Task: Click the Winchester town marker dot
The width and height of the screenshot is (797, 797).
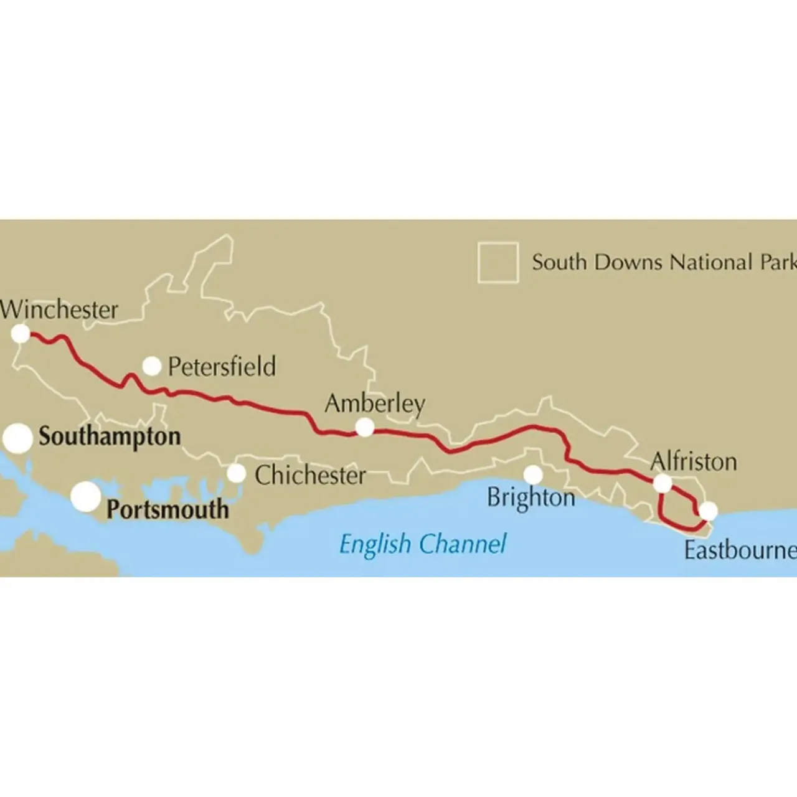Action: pos(21,334)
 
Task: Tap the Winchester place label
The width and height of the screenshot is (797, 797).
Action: pos(59,309)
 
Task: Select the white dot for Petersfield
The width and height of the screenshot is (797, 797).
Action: pos(152,366)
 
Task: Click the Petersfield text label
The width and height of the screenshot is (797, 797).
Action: pos(222,366)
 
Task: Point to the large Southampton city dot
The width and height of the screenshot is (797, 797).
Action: pos(18,438)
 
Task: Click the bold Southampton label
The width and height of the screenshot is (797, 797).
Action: pos(110,436)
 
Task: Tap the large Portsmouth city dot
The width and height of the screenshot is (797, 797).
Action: pos(86,496)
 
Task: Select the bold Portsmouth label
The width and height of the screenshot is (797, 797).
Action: pos(167,509)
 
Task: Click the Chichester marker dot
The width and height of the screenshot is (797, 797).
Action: pos(237,474)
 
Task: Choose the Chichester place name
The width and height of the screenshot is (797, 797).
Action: pos(310,476)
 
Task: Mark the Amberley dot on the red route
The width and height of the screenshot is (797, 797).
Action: pos(365,428)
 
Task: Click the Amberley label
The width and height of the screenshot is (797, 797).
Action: pos(375,403)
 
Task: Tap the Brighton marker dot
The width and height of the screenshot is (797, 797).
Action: pos(533,475)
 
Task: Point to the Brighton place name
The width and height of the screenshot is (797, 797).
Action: pos(531,498)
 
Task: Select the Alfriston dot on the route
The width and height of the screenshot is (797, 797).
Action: pos(663,483)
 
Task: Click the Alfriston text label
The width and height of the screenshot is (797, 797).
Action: pos(693,461)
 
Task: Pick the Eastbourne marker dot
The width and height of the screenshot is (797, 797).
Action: pos(708,511)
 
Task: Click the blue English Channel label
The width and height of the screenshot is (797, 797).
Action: pos(423,544)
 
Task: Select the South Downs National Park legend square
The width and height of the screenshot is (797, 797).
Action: pos(498,262)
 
